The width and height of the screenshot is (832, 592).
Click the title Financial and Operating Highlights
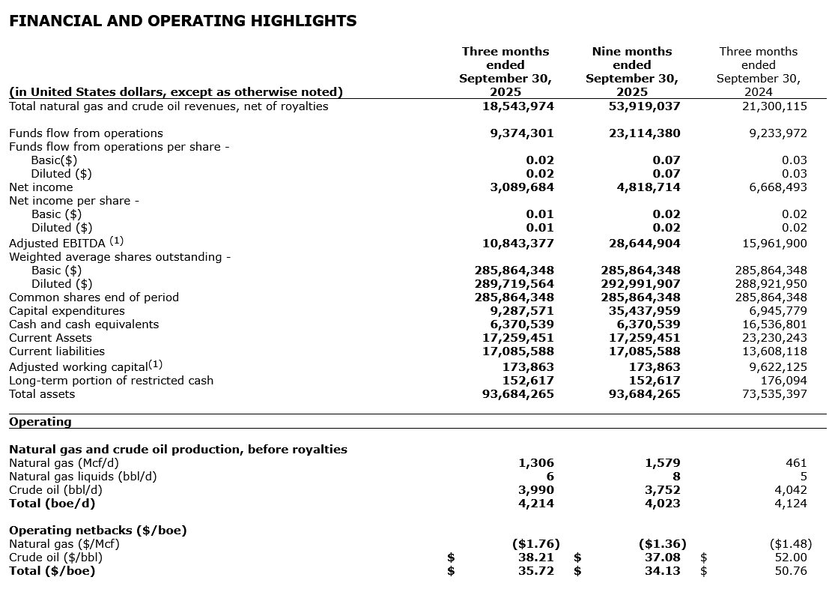click(x=183, y=21)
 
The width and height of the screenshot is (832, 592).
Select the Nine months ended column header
click(x=631, y=72)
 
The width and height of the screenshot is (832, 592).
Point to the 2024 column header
click(x=758, y=72)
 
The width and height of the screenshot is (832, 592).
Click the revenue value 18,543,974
click(x=518, y=106)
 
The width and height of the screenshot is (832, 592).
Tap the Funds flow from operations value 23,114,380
click(x=644, y=133)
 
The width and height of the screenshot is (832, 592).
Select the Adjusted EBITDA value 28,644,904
click(x=644, y=244)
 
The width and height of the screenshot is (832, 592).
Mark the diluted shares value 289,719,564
click(x=514, y=284)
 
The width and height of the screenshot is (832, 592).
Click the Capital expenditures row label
click(x=67, y=311)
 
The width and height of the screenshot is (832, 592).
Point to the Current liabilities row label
click(x=57, y=351)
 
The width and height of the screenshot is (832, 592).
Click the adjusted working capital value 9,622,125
click(x=774, y=367)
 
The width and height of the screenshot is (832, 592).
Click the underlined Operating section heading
click(x=40, y=422)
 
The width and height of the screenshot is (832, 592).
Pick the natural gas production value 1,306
click(x=536, y=463)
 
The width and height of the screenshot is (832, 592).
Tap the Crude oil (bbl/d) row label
click(x=55, y=490)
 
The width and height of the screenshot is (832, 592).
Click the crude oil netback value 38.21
click(x=537, y=558)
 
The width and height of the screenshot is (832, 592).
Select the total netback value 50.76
click(x=791, y=571)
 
